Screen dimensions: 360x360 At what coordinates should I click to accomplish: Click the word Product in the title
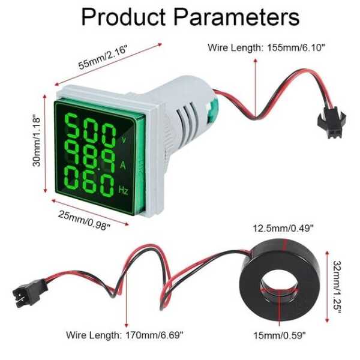coord(124,17)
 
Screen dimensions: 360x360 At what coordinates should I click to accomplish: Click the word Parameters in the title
coord(236,17)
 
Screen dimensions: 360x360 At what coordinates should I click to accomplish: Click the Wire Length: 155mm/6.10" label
coord(266,48)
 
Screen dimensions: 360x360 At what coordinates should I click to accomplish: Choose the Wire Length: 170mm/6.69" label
coord(125,335)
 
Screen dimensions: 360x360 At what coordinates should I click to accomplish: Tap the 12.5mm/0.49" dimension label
coord(283,229)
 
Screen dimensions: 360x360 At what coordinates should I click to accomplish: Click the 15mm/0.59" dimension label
coord(280,335)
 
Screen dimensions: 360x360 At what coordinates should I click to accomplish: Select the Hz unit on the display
coord(123,190)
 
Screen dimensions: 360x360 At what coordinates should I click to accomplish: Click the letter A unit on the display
coord(123,165)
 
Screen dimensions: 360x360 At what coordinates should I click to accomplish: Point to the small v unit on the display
coord(124,140)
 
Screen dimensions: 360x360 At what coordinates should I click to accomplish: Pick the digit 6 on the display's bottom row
coord(89,181)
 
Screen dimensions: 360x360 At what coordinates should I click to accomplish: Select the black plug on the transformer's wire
coord(29,292)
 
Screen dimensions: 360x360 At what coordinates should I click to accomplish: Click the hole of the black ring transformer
coord(280,286)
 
